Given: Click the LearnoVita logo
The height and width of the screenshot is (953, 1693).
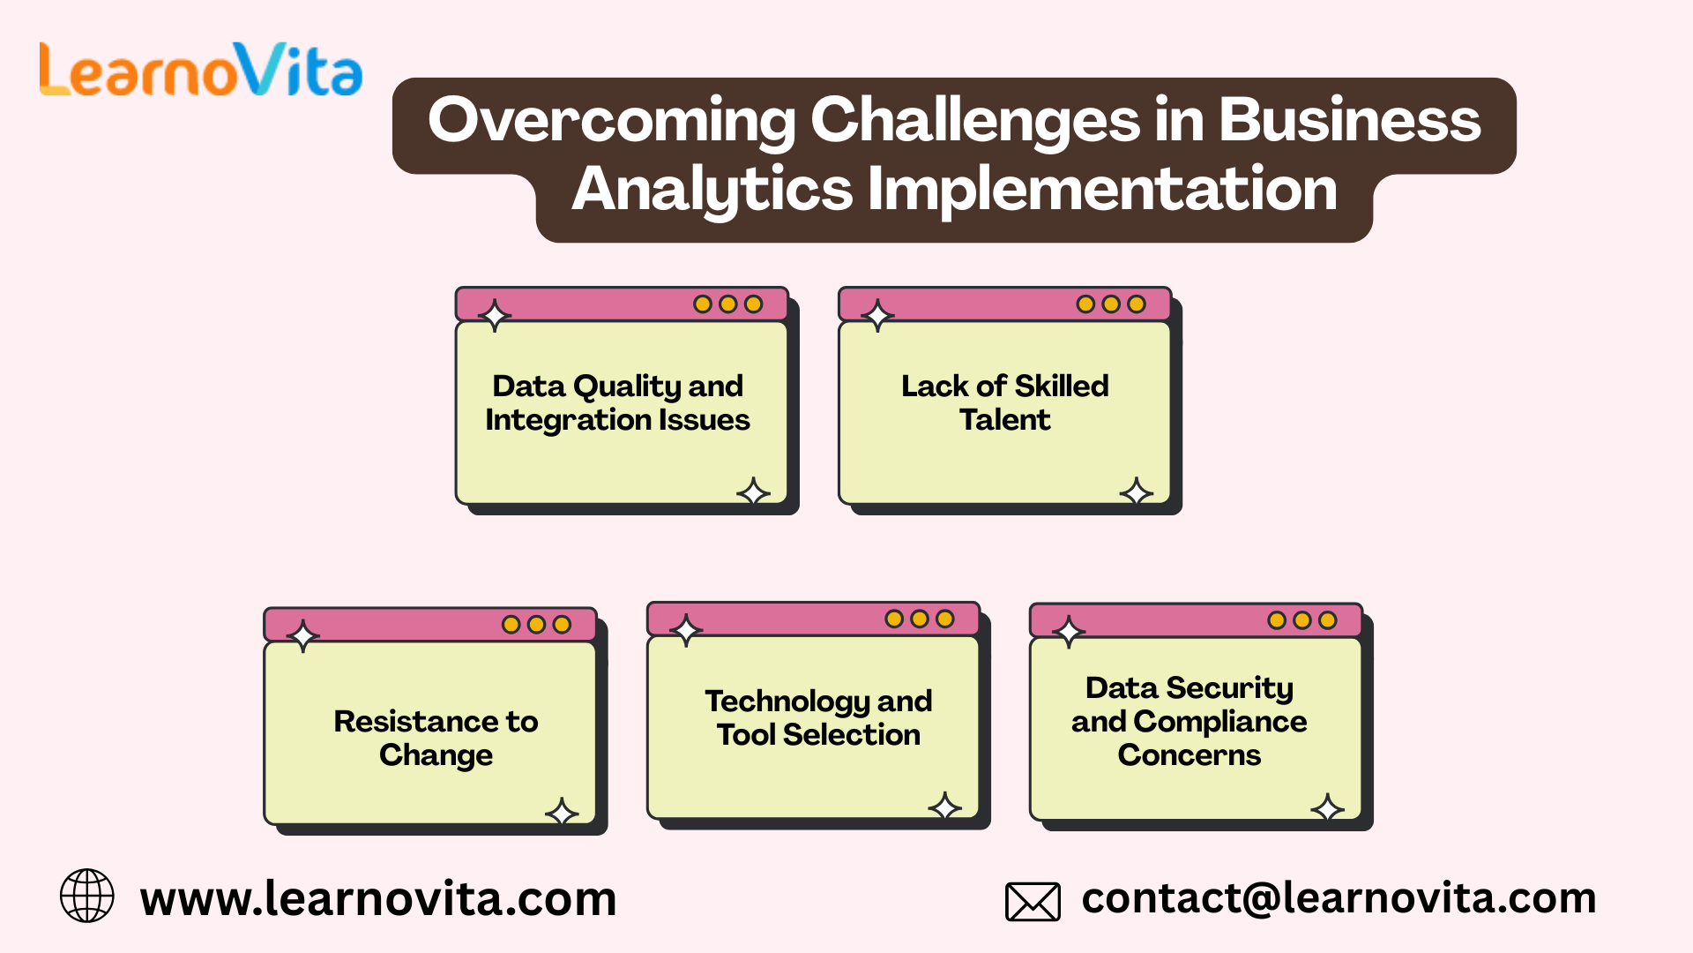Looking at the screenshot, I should pyautogui.click(x=201, y=71).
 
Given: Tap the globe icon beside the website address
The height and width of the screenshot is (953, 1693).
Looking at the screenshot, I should pyautogui.click(x=86, y=896).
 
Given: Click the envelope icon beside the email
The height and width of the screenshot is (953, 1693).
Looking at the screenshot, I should pyautogui.click(x=1033, y=902).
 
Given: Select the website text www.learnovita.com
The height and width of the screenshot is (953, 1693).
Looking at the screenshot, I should pyautogui.click(x=378, y=899).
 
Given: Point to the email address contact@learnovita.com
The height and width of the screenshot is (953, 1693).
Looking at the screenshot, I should pyautogui.click(x=1339, y=898).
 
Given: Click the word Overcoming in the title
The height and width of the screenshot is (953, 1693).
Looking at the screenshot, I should pyautogui.click(x=611, y=120).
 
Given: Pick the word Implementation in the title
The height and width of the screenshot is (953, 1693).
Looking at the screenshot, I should pyautogui.click(x=1102, y=189).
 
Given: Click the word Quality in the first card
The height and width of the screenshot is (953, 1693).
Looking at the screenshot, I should pyautogui.click(x=626, y=386).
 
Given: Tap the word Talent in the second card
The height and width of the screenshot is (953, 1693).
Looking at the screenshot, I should pyautogui.click(x=1004, y=420).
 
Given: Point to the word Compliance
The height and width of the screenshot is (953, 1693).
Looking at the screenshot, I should pyautogui.click(x=1220, y=722).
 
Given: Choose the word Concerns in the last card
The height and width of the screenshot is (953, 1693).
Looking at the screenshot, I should pyautogui.click(x=1189, y=755).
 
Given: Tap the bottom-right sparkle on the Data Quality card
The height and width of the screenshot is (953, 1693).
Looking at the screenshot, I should pyautogui.click(x=753, y=492).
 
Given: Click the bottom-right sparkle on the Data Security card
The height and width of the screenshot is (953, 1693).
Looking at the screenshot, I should pyautogui.click(x=1327, y=807).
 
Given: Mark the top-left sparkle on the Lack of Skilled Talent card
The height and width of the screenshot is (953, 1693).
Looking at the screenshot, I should pyautogui.click(x=877, y=315).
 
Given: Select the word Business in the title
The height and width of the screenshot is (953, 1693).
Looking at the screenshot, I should pyautogui.click(x=1349, y=120).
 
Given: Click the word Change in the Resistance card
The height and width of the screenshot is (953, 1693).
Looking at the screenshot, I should pyautogui.click(x=436, y=755).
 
